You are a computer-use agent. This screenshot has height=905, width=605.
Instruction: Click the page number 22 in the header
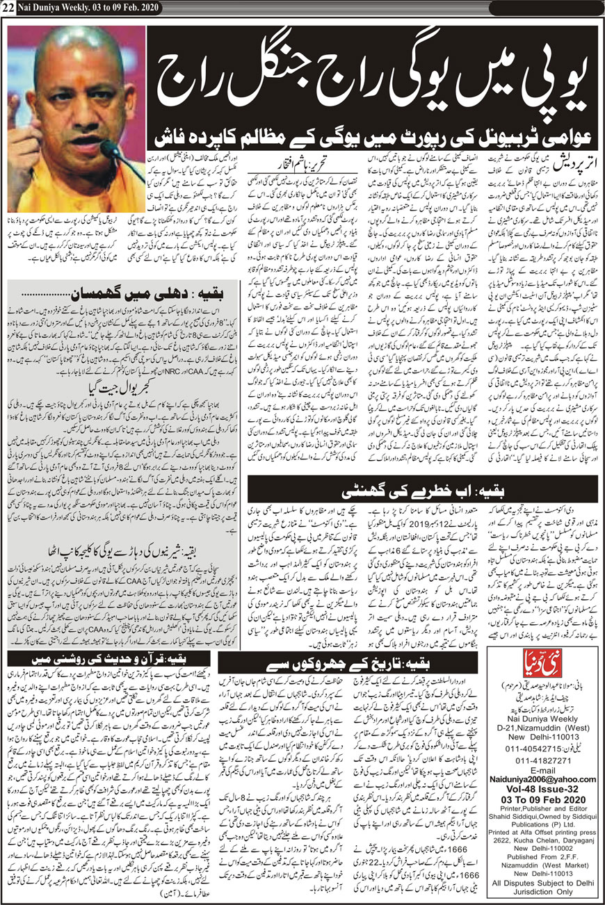click(9, 8)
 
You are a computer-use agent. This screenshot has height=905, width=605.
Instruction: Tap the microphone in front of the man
click(112, 149)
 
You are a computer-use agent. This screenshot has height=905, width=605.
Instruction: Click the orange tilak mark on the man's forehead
click(75, 66)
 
